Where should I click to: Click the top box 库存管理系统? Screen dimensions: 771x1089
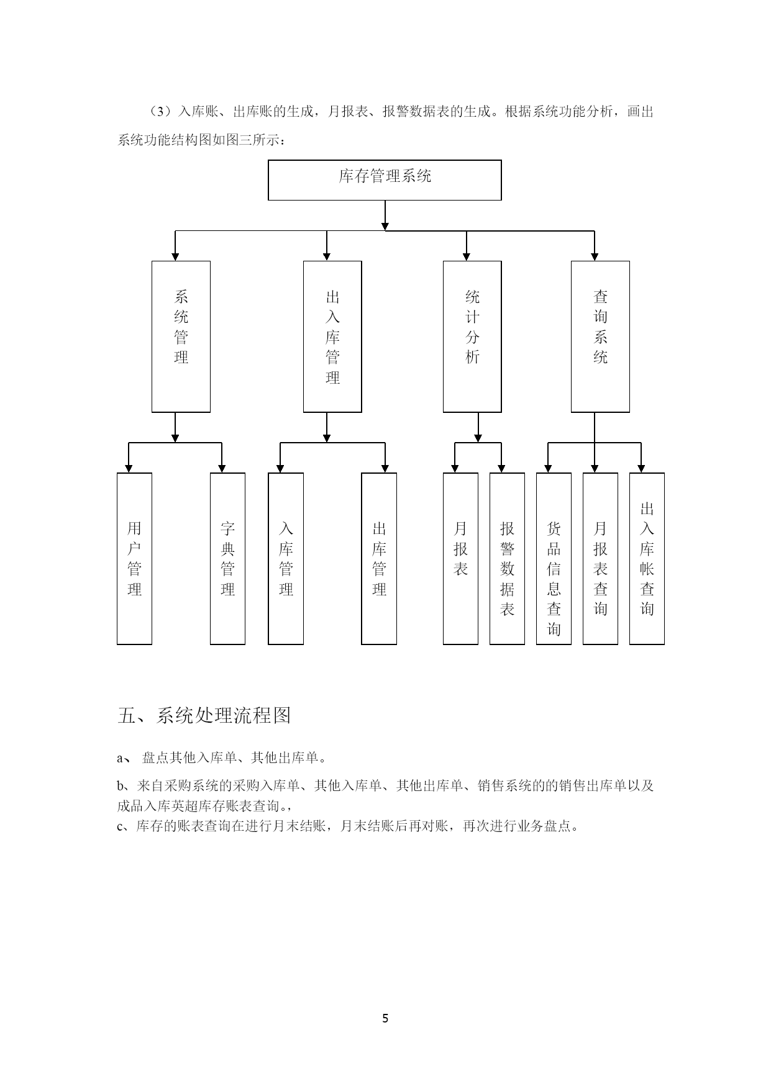pyautogui.click(x=385, y=180)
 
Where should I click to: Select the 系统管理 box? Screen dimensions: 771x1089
pyautogui.click(x=181, y=337)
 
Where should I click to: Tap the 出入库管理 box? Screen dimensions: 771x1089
pyautogui.click(x=332, y=337)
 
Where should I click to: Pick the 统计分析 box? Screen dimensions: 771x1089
pyautogui.click(x=472, y=337)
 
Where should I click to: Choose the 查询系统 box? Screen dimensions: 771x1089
pyautogui.click(x=600, y=337)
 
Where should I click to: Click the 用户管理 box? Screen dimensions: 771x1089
pyautogui.click(x=134, y=559)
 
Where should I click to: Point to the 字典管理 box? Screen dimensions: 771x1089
pyautogui.click(x=227, y=559)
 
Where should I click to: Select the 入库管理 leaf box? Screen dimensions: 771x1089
pyautogui.click(x=286, y=559)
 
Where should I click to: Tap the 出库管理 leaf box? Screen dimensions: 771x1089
pyautogui.click(x=379, y=559)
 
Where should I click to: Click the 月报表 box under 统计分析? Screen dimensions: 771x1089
pyautogui.click(x=460, y=559)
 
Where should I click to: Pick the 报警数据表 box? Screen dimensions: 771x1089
pyautogui.click(x=507, y=559)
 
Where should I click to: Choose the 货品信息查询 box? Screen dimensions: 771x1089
pyautogui.click(x=554, y=559)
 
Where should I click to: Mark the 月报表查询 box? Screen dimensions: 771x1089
pyautogui.click(x=600, y=559)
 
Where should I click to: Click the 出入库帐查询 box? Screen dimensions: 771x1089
pyautogui.click(x=647, y=559)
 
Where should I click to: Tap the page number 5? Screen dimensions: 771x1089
pyautogui.click(x=385, y=1018)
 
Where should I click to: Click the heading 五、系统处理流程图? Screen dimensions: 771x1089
pyautogui.click(x=204, y=716)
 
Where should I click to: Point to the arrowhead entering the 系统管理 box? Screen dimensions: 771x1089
pyautogui.click(x=175, y=256)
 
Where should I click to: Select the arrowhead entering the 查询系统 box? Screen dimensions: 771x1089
pyautogui.click(x=595, y=256)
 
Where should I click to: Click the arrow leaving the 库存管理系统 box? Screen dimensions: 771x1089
pyautogui.click(x=385, y=215)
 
